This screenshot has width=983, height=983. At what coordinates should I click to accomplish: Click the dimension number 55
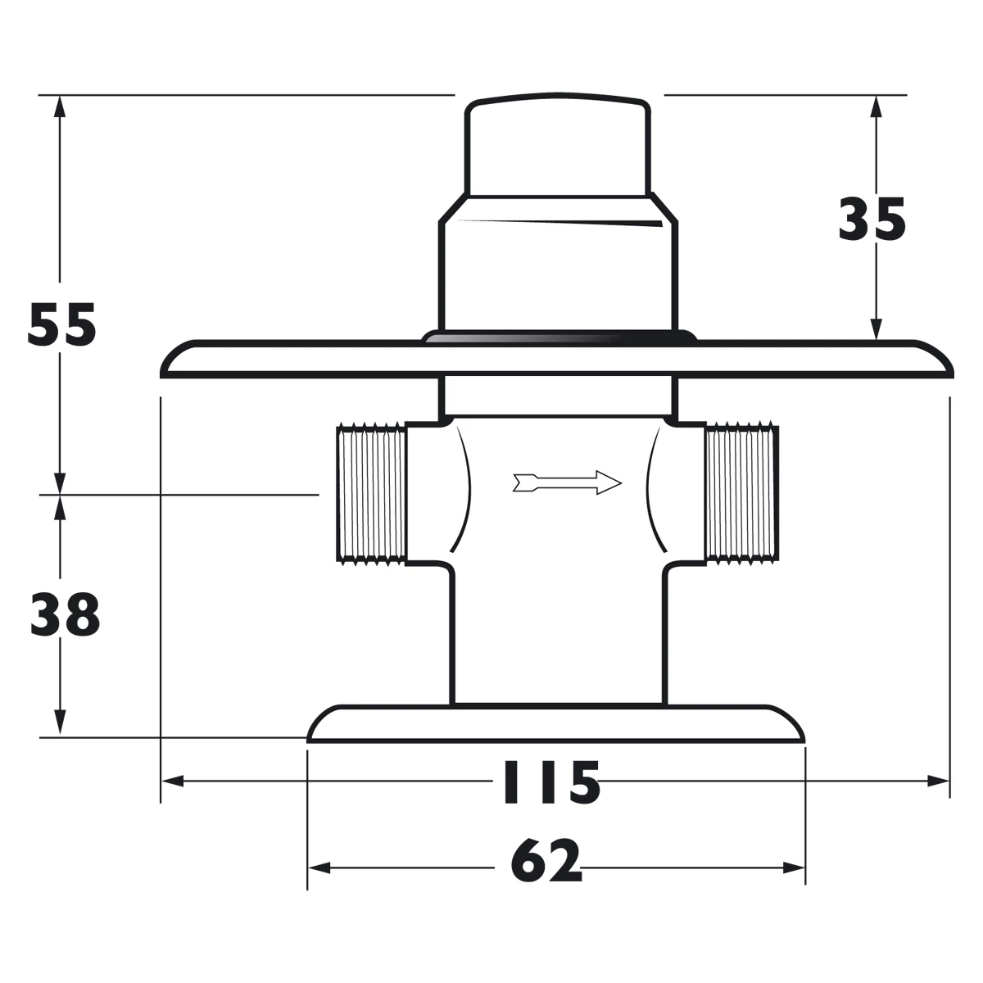coord(62,325)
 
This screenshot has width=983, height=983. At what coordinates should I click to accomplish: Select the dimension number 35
coord(872,220)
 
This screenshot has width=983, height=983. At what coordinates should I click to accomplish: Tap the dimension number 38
coord(65,615)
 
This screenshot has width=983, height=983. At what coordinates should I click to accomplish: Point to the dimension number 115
coord(550,783)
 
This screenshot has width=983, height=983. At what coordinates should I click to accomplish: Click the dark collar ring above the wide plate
coord(559,337)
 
